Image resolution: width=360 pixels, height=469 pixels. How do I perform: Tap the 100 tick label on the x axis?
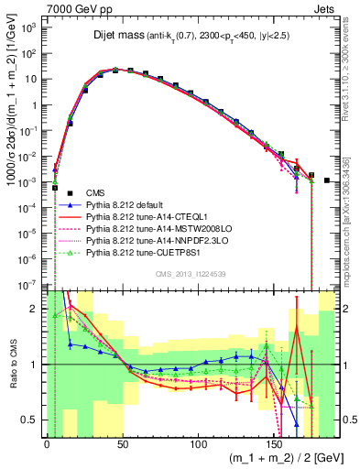199,442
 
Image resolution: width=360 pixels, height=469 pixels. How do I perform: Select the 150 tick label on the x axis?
275,442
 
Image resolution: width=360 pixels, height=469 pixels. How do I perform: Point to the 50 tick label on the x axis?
123,442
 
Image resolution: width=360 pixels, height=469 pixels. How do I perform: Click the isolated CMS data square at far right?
327,180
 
